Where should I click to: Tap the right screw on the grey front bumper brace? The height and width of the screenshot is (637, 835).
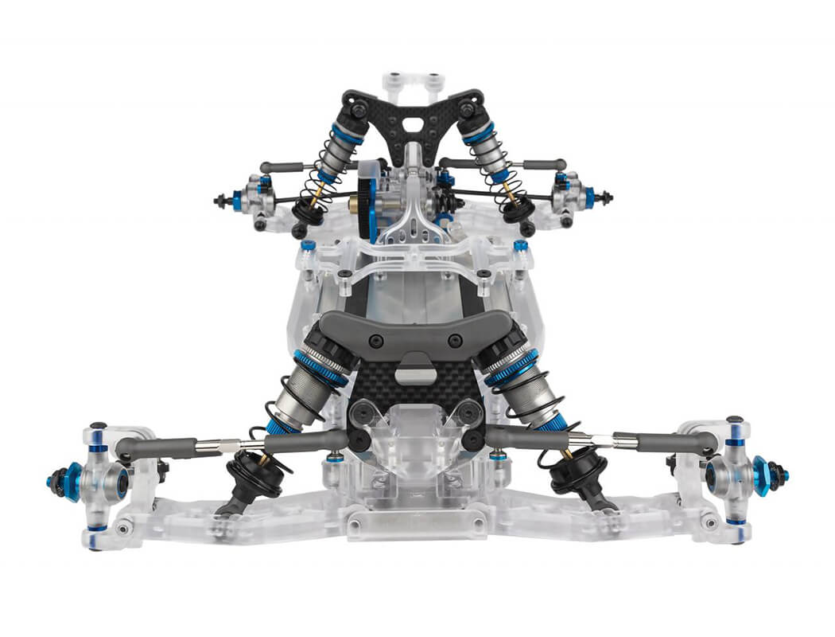click(x=454, y=340)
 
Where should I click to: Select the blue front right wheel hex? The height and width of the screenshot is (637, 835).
click(x=762, y=475)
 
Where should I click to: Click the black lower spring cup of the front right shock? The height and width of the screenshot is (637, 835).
click(x=574, y=470)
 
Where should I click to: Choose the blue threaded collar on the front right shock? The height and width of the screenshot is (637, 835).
click(x=511, y=366)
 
